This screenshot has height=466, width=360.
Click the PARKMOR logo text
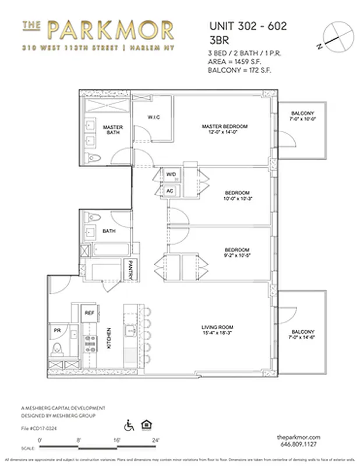tap(110, 29)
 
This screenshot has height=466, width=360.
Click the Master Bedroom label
tap(225, 129)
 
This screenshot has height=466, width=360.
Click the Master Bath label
tap(111, 130)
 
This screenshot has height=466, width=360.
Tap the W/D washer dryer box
tap(171, 174)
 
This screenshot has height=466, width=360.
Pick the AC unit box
tap(170, 190)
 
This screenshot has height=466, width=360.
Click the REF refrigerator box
tap(90, 313)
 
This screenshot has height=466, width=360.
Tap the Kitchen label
tap(109, 339)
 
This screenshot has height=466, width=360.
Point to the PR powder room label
tap(57, 330)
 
